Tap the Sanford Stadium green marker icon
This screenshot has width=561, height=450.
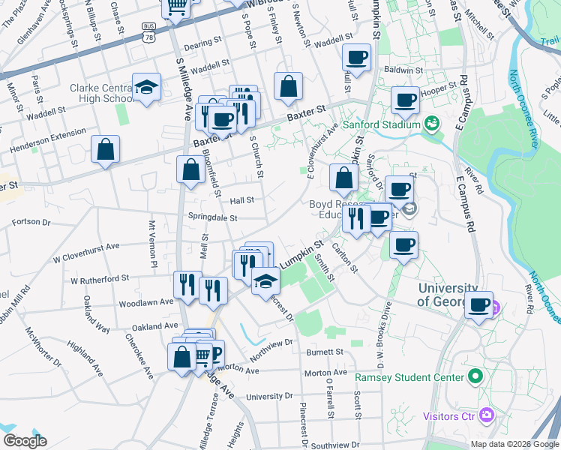[x=431, y=123]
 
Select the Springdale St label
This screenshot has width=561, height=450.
[x=212, y=218]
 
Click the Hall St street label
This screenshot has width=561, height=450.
[x=241, y=200]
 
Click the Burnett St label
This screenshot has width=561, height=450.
[x=324, y=351]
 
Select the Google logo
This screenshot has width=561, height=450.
[x=25, y=441]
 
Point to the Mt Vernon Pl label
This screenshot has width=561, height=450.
[x=152, y=244]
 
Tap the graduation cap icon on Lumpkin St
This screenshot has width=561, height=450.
[x=265, y=281]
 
